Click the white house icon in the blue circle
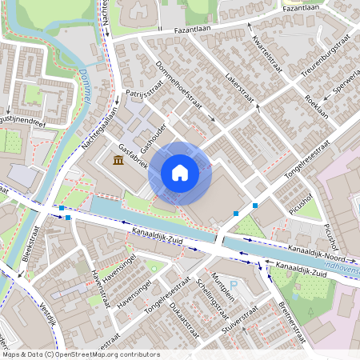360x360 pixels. [x=180, y=172]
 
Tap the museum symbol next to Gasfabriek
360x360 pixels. [x=118, y=162]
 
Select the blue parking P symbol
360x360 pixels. [x=234, y=285]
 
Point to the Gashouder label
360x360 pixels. [x=154, y=141]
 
